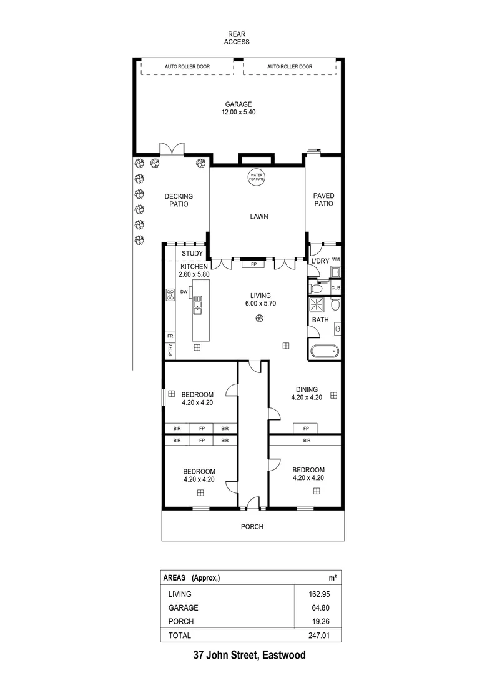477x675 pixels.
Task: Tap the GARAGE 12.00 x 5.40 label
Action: point(238,108)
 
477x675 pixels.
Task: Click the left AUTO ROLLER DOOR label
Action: point(187,66)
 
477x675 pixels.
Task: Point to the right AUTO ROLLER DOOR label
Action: point(289,66)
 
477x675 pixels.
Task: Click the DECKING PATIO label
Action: point(179,200)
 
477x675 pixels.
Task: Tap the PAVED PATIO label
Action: point(323,200)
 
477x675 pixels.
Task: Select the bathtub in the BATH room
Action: point(324,351)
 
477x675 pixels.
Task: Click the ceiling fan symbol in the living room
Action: point(258,319)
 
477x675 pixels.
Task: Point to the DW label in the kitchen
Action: point(184,292)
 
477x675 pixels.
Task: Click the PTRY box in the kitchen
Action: point(170,351)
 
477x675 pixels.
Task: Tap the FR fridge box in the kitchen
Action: point(170,336)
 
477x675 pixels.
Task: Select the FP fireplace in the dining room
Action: point(306,429)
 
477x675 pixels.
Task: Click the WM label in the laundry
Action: point(335,259)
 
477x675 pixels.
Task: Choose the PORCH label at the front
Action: point(252,527)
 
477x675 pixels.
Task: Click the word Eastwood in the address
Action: point(284,656)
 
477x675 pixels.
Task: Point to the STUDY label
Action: point(192,253)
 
